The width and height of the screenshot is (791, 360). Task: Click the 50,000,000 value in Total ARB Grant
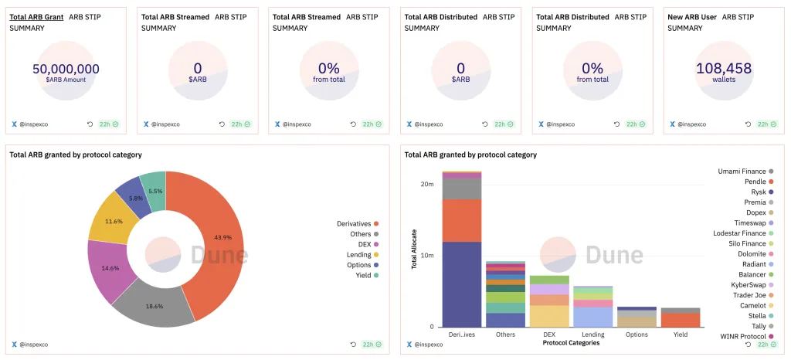[66, 69]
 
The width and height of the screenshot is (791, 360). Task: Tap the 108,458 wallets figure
[724, 69]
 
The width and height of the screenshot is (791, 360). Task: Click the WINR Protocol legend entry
[742, 336]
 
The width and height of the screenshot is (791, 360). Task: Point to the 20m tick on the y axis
[427, 184]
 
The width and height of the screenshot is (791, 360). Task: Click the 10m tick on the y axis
[427, 255]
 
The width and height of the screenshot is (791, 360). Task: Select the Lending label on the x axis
[592, 335]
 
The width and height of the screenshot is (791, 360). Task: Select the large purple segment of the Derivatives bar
[462, 284]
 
